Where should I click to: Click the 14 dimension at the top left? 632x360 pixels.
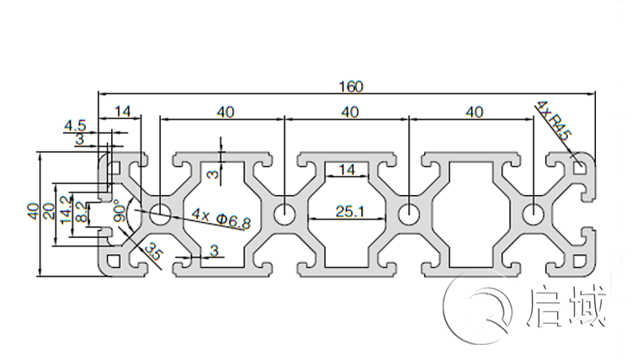[x=123, y=111]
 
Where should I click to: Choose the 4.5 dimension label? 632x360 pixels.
[x=74, y=126]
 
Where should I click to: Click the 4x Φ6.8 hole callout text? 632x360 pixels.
[x=221, y=220]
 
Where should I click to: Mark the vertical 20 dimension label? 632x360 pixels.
[x=49, y=210]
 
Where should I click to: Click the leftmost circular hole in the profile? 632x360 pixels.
[x=160, y=214]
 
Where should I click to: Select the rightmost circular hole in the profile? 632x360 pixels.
[x=532, y=214]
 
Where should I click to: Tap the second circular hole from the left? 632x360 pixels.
[x=284, y=214]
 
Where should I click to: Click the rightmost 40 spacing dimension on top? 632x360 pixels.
[x=474, y=111]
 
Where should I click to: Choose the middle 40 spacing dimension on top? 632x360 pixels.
[x=349, y=111]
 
